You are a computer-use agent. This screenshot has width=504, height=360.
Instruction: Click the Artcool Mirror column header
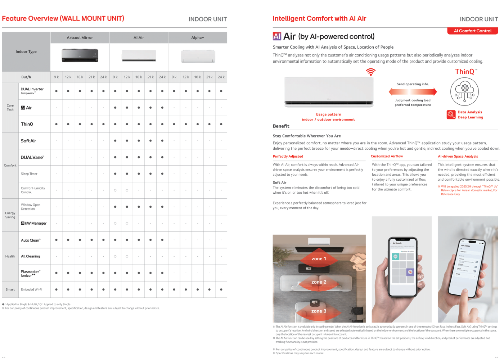coord(80,37)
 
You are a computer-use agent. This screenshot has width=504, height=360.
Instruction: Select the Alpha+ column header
coord(197,37)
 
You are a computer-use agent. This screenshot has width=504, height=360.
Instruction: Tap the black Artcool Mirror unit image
coord(80,55)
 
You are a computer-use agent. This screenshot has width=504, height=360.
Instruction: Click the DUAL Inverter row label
coord(32,91)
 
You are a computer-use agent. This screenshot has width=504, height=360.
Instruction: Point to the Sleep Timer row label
coord(29,174)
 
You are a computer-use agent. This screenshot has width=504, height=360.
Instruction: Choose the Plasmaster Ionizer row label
coord(30,274)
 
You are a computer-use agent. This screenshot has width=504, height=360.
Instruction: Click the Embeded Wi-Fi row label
coord(31,289)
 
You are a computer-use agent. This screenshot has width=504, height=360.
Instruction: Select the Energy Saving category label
coord(10,215)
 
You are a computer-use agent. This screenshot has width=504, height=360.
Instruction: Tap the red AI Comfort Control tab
coord(472,31)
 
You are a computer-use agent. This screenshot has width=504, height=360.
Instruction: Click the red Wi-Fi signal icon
coord(370,72)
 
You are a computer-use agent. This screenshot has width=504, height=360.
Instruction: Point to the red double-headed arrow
coord(413,92)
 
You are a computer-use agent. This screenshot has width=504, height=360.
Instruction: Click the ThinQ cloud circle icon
coord(464,91)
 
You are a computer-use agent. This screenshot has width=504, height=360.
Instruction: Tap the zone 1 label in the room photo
coord(319,258)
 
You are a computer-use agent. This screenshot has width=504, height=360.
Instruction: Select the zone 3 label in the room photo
coord(319,311)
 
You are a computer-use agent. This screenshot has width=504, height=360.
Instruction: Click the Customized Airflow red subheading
coord(387,156)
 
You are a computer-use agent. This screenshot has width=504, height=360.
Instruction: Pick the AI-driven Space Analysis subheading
coord(458,156)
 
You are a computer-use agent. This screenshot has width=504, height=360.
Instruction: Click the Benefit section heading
coord(281,126)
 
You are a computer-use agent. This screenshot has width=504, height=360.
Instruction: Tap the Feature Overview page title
coord(63,18)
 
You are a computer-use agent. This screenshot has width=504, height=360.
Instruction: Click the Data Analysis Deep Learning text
coord(470,114)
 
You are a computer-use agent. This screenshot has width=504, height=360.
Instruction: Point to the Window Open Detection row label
coord(31,207)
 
